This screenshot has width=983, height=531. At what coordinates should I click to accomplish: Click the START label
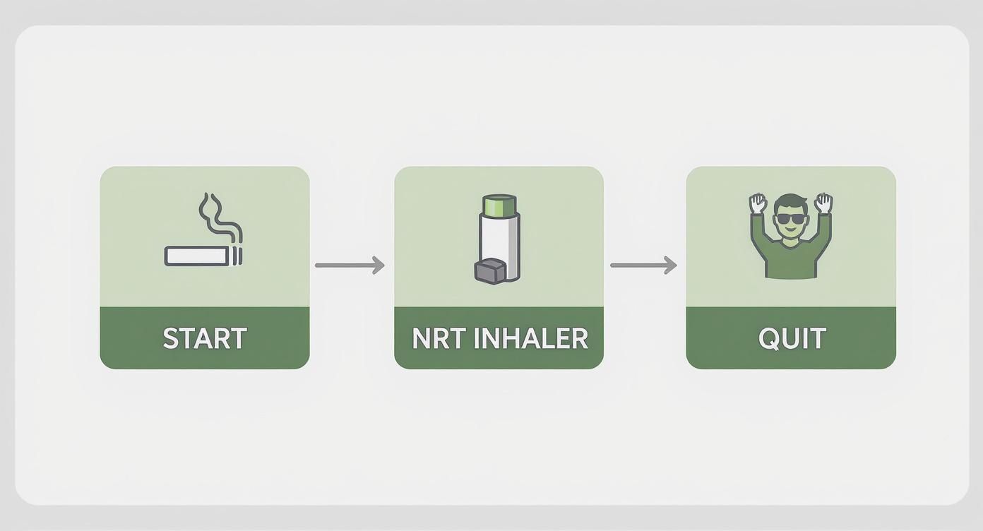tap(205, 338)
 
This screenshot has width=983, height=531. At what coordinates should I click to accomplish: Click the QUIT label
tap(792, 338)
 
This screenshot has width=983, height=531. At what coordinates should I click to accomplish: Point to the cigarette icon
tap(198, 255)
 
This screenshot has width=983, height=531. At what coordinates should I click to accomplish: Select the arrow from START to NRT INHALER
tap(350, 265)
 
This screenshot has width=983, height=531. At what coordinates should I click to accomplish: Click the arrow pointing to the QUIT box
tap(643, 265)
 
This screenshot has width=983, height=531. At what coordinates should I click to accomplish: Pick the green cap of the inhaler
tap(500, 205)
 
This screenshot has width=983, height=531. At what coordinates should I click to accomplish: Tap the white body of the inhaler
tap(500, 237)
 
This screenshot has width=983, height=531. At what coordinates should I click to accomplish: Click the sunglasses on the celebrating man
tap(790, 218)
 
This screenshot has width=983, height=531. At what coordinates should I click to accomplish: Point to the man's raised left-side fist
tap(758, 203)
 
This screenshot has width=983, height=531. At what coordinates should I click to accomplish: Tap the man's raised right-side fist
tap(823, 203)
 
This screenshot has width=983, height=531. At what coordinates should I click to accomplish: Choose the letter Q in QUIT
tap(768, 339)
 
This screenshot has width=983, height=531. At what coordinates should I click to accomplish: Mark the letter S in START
tap(170, 338)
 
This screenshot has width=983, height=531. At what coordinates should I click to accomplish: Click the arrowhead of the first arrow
tap(379, 265)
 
